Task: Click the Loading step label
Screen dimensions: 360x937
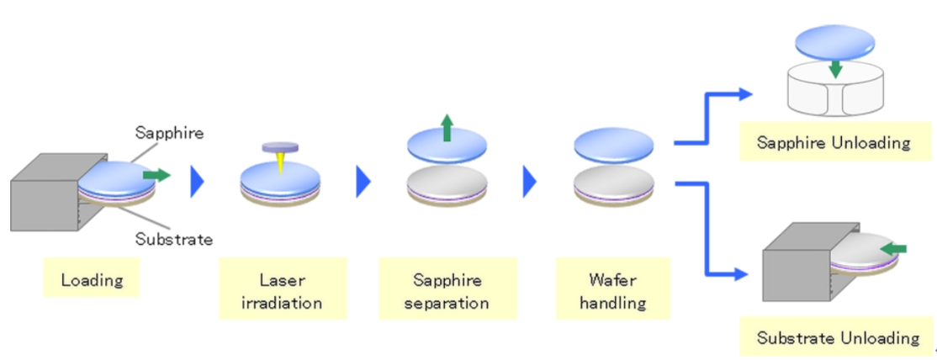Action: pos(92,280)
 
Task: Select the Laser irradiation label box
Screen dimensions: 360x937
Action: pos(282,290)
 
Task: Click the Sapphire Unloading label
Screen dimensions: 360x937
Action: pos(834,142)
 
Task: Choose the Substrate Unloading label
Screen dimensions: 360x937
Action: pos(838,339)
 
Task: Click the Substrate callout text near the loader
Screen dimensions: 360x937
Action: pos(173,239)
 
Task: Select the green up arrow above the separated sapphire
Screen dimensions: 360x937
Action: pos(447,128)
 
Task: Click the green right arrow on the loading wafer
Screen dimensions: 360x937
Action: pos(156,175)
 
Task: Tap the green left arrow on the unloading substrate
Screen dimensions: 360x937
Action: pos(893,248)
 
